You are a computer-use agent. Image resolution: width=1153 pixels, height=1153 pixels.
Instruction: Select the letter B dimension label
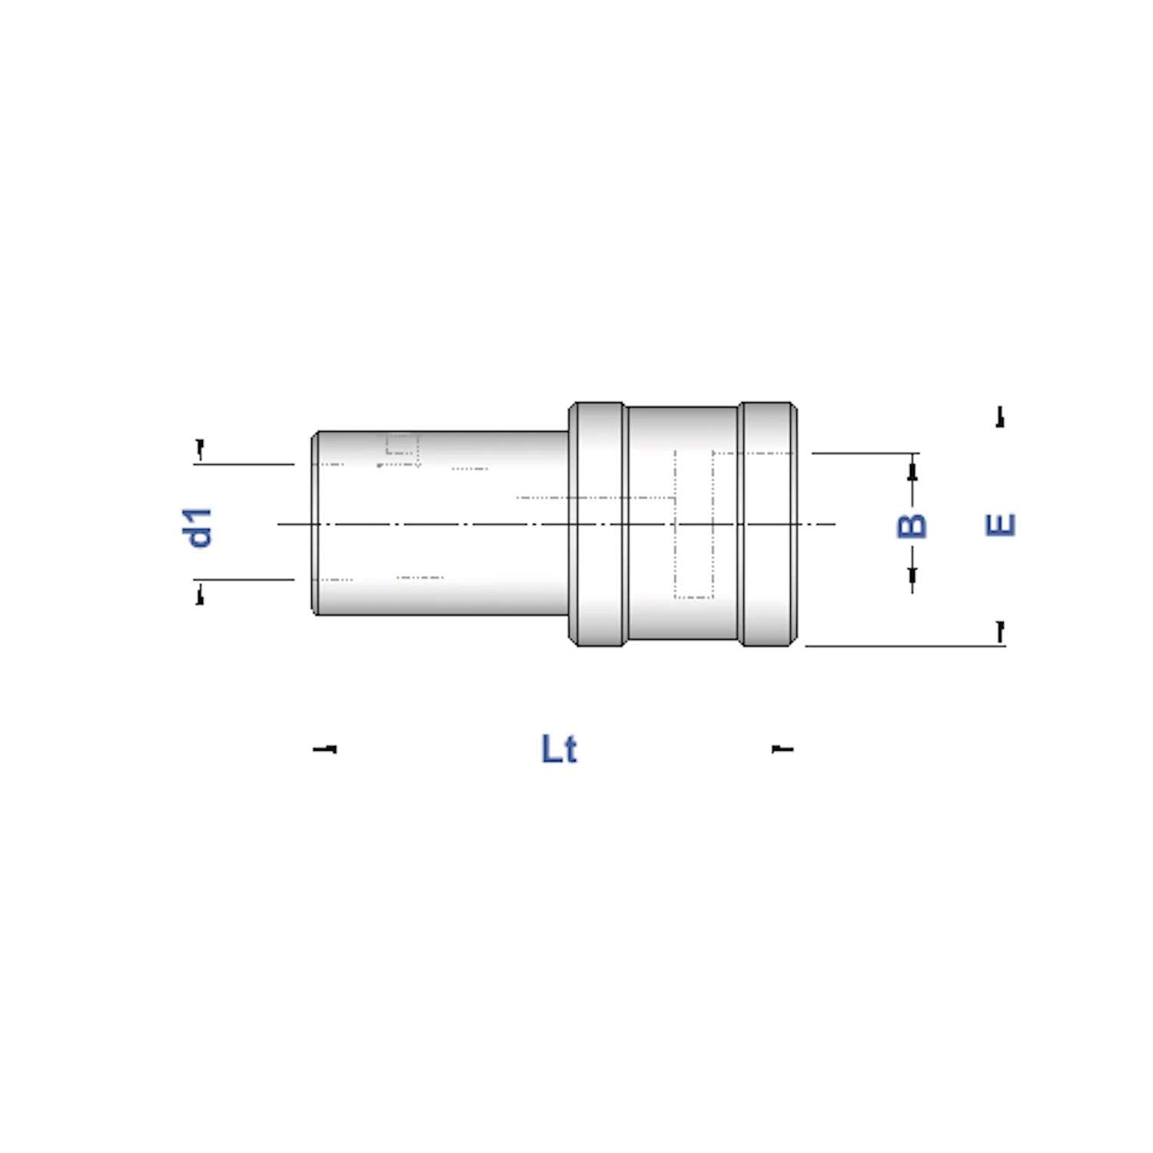tap(912, 526)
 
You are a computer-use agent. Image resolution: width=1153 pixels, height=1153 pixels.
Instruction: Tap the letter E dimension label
tap(1000, 525)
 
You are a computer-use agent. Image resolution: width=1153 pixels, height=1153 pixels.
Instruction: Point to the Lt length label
tap(559, 749)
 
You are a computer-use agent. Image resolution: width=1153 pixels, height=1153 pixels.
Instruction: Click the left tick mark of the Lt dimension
tap(325, 749)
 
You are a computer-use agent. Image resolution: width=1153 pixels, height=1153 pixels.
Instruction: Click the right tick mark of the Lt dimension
tap(783, 748)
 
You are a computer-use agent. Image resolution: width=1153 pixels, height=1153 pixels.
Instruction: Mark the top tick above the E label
tap(1000, 417)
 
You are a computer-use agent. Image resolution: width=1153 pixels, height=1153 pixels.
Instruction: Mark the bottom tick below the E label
tap(1000, 632)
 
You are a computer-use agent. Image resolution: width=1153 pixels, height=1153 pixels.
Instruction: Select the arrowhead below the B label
tap(912, 575)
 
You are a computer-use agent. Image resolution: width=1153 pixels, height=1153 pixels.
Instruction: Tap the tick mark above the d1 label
tap(200, 449)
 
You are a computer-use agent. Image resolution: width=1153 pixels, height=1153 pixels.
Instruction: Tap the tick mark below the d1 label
tap(200, 593)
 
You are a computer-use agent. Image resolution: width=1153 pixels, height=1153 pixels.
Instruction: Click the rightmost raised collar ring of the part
tap(767, 523)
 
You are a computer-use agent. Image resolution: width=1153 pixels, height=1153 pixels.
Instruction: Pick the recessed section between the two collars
tap(683, 430)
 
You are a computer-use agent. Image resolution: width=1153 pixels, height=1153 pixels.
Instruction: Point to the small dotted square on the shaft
tap(401, 444)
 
